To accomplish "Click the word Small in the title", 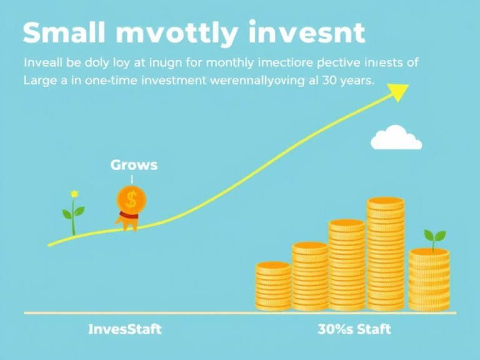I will tap(61, 33).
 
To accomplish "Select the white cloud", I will tap(396, 138).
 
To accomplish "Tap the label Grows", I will tap(134, 166).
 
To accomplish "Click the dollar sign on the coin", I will tap(131, 199).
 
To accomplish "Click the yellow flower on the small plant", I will tap(74, 193).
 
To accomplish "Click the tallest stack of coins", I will tap(386, 253).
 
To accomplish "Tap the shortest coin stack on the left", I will tap(273, 286).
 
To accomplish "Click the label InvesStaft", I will tap(124, 329).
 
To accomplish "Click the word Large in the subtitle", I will tap(41, 81).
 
